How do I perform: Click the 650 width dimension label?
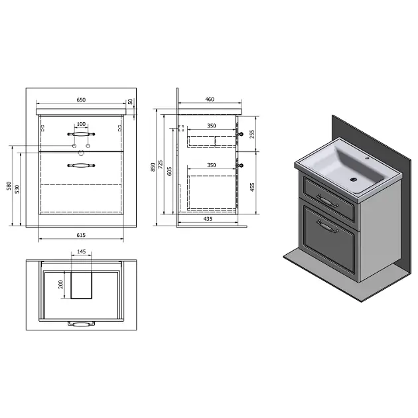[x=81, y=100]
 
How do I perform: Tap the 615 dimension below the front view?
[x=81, y=235]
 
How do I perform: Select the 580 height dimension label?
[x=9, y=186]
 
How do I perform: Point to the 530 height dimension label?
[x=17, y=189]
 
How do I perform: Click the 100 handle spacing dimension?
[x=81, y=124]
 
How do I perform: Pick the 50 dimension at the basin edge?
[x=130, y=102]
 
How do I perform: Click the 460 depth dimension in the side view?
[x=210, y=99]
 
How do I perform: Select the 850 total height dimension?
[x=153, y=167]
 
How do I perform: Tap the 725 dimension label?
[x=161, y=165]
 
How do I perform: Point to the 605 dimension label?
[x=169, y=171]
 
